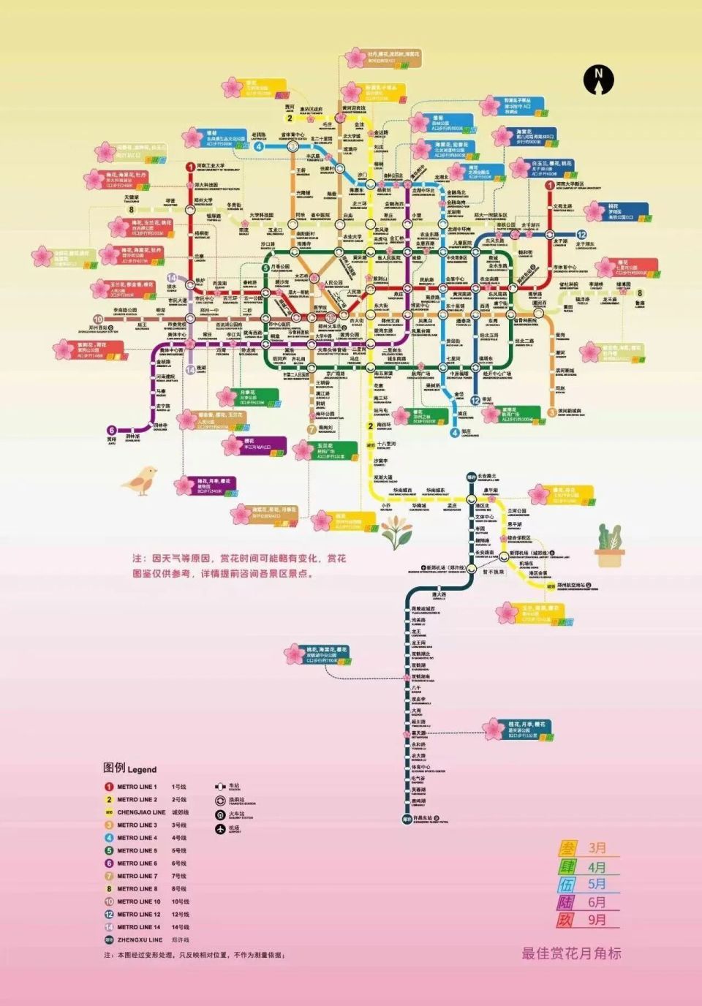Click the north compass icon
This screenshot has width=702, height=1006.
[x=599, y=79]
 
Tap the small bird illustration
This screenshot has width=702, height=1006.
[x=140, y=480]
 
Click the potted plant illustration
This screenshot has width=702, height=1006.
[x=609, y=546]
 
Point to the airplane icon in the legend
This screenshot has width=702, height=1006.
[x=219, y=829]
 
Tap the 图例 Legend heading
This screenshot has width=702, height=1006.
[x=129, y=768]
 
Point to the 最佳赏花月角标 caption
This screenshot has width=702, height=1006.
[x=571, y=953]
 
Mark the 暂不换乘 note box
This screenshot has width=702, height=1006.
[x=494, y=572]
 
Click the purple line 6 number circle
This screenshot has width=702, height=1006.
[x=112, y=431]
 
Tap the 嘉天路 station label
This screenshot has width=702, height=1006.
[x=418, y=733]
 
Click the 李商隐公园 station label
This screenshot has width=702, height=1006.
[x=125, y=311]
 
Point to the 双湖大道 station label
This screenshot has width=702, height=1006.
[x=382, y=477]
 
